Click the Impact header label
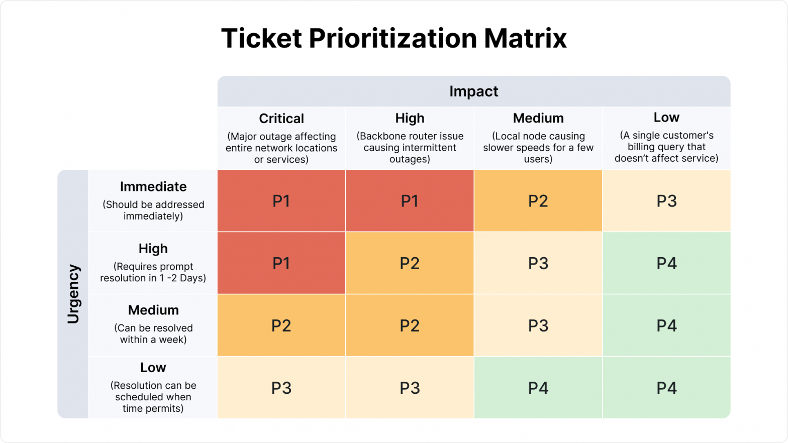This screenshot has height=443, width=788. [473, 91]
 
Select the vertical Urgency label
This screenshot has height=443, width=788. [73, 294]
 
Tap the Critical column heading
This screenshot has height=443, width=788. [281, 119]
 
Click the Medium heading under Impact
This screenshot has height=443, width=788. [538, 118]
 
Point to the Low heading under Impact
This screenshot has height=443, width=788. [666, 118]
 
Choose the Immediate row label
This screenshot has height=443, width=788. [153, 187]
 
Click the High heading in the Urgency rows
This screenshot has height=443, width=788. [153, 249]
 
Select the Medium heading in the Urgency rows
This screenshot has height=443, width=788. [153, 310]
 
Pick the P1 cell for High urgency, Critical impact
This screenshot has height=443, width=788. [281, 263]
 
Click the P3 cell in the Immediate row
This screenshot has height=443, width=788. [666, 201]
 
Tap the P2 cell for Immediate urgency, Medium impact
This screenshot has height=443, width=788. [538, 201]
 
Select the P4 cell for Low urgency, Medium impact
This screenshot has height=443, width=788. [538, 388]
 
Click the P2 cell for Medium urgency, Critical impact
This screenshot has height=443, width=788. [281, 325]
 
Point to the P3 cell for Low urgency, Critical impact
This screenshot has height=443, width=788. [281, 388]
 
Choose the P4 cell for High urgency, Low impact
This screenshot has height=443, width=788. [666, 263]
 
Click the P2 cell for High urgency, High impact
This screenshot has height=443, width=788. [410, 263]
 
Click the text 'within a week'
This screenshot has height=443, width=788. [153, 340]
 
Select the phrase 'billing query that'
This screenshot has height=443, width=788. [666, 147]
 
